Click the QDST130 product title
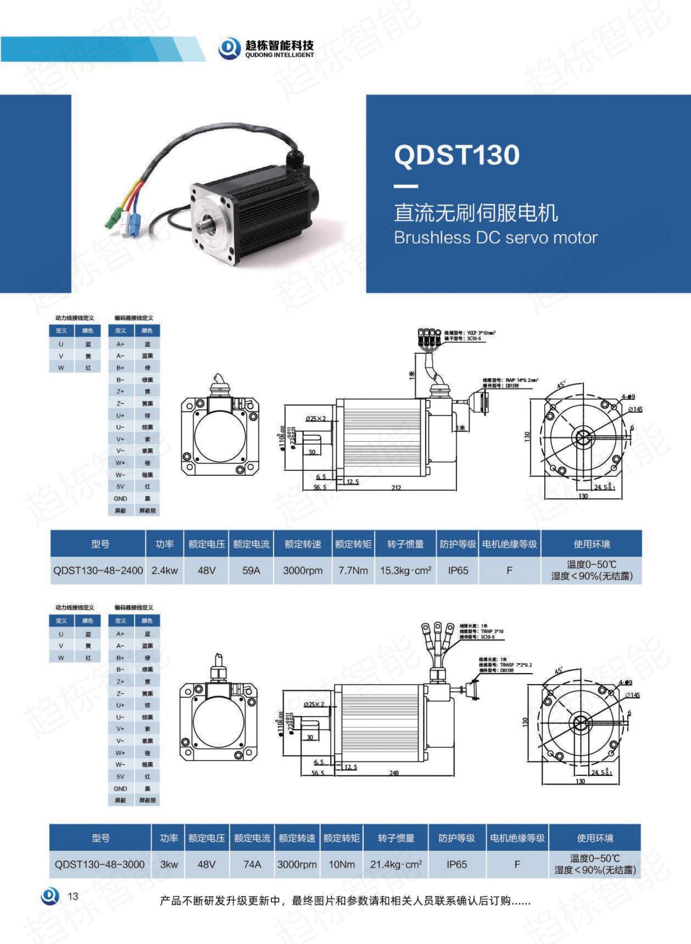[x=457, y=155]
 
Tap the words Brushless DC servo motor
[x=495, y=238]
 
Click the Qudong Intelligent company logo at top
[x=267, y=49]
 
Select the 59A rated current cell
[x=251, y=570]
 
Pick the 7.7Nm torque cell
[x=353, y=570]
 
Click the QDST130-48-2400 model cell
[x=98, y=570]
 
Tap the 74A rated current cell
[x=252, y=864]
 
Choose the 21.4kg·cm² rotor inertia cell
[x=395, y=864]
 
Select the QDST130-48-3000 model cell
[x=100, y=864]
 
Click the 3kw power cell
[x=169, y=864]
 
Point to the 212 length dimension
[x=396, y=487]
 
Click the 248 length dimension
[x=394, y=773]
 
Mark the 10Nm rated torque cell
[x=341, y=864]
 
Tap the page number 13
[x=73, y=896]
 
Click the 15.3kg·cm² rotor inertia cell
[x=405, y=570]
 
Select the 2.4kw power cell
[x=164, y=570]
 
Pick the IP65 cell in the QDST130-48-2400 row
[x=458, y=570]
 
